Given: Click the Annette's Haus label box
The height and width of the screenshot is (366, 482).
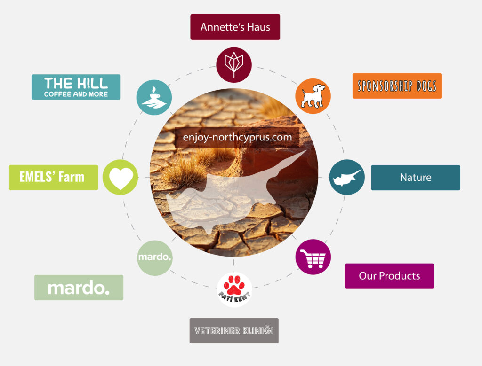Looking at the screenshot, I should [235, 27].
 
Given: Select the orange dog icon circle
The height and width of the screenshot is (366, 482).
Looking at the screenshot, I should [313, 96].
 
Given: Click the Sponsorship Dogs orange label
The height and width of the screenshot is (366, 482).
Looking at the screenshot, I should [397, 86].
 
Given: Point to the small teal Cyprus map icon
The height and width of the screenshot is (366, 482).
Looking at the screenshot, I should [347, 177].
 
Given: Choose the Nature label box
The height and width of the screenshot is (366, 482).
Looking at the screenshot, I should [416, 178].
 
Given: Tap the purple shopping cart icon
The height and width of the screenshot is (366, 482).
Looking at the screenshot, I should [313, 257].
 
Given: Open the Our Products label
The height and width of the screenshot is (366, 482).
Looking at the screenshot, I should [389, 276].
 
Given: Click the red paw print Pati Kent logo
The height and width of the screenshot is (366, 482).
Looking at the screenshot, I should [234, 289].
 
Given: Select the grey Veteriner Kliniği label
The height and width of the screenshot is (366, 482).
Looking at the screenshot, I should [234, 331].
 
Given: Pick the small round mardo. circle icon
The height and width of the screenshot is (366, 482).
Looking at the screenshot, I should [155, 257].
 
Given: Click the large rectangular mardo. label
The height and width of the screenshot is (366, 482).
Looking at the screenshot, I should [79, 288].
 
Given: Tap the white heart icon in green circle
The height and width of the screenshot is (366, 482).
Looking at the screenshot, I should [121, 177].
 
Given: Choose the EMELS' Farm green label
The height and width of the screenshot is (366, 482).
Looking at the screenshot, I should [53, 177].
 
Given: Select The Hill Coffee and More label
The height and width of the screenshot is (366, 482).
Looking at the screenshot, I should [76, 87].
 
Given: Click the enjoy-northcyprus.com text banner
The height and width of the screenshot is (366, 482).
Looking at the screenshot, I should [237, 138].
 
